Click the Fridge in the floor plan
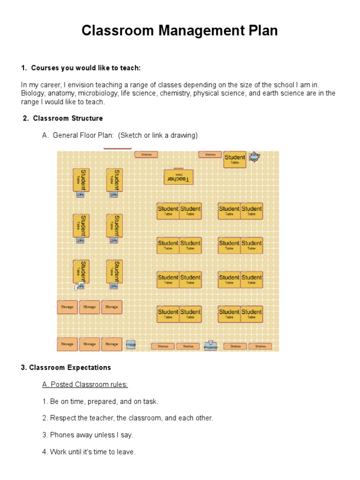click(x=130, y=345)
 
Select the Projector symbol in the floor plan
click(x=211, y=346)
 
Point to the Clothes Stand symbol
click(x=254, y=157)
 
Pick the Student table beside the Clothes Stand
click(x=235, y=159)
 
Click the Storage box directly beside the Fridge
click(x=112, y=344)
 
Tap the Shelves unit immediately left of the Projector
click(x=188, y=346)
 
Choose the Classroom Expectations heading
click(x=66, y=367)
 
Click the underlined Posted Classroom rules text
click(x=85, y=385)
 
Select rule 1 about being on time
click(x=100, y=402)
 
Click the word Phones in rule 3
click(x=61, y=435)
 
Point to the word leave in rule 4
click(x=125, y=452)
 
